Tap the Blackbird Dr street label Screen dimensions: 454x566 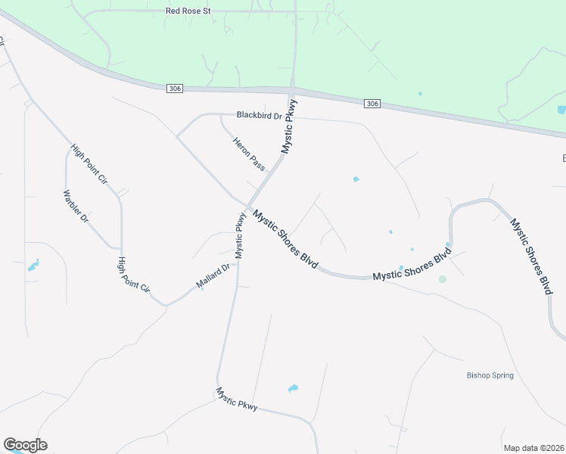click(259, 116)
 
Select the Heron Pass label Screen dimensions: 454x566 click(249, 154)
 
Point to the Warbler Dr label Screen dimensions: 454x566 click(76, 206)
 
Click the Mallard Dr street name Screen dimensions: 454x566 click(213, 276)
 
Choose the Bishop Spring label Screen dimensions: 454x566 click(490, 375)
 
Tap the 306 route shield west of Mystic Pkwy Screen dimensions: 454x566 click(175, 89)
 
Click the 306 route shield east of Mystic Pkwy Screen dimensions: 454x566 click(372, 103)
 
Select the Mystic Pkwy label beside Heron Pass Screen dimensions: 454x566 click(289, 126)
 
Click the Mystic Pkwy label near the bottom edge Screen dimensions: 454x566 click(237, 399)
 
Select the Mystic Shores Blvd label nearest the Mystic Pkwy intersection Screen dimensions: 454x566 click(285, 241)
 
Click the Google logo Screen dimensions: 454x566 click(25, 445)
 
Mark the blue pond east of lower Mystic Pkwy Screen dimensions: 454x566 click(293, 389)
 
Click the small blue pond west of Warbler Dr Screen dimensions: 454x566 click(33, 266)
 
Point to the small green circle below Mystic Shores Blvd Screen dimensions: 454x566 click(442, 279)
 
